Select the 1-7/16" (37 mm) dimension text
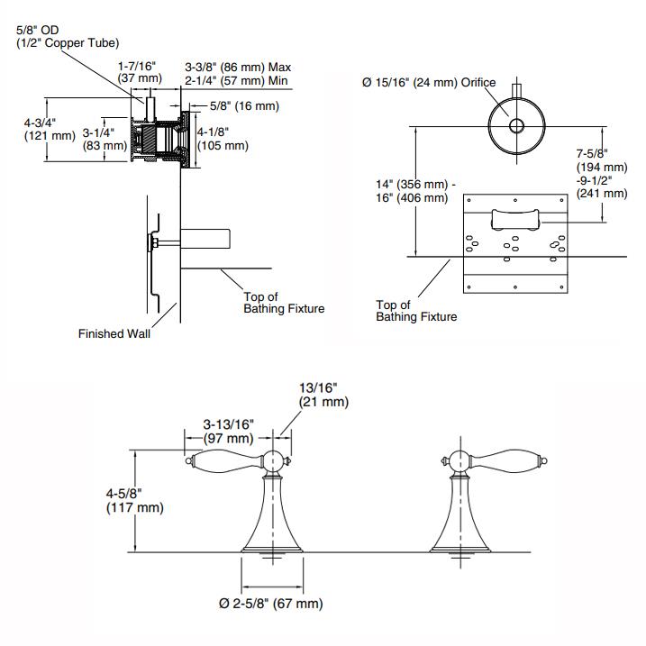pyautogui.click(x=138, y=72)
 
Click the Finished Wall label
pyautogui.click(x=114, y=334)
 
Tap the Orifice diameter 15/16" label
pyautogui.click(x=429, y=82)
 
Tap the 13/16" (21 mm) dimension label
pyautogui.click(x=323, y=396)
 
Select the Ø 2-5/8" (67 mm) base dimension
pyautogui.click(x=271, y=603)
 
